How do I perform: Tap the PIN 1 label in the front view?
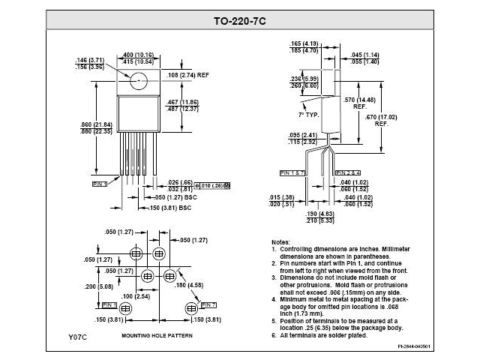100,183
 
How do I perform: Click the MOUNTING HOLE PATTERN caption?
154,336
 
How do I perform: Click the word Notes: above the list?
280,243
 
